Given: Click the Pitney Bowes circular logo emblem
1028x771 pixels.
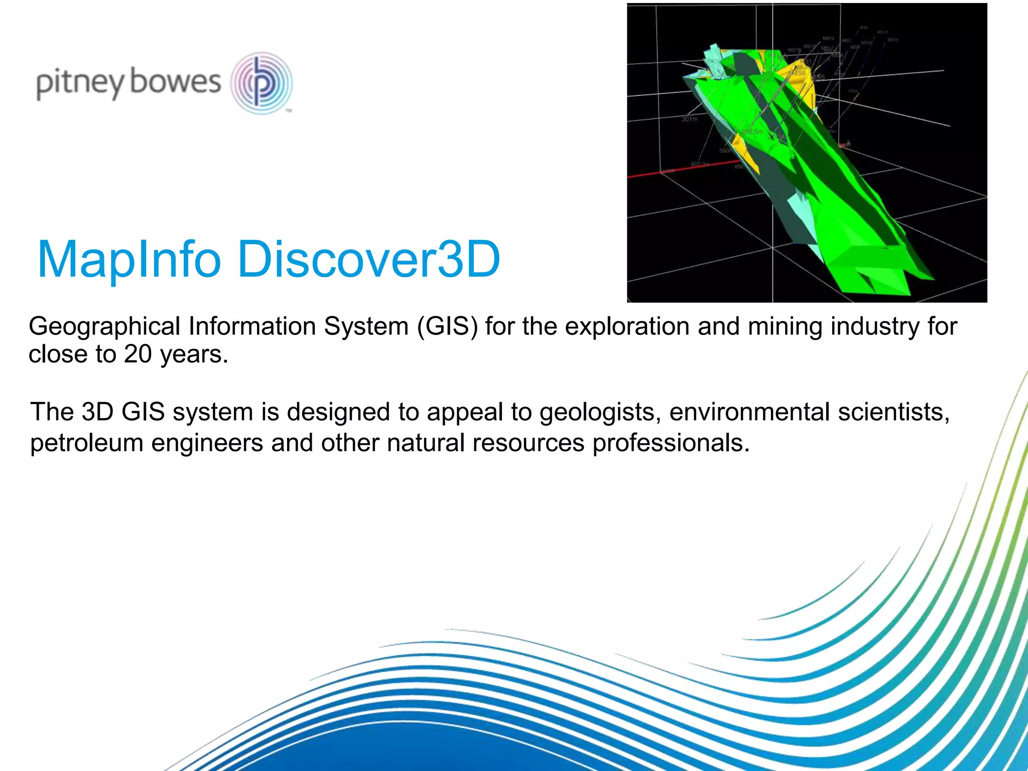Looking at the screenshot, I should pyautogui.click(x=262, y=83).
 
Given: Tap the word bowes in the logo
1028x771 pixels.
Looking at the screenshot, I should pyautogui.click(x=175, y=82).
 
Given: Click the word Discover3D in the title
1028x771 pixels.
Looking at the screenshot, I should pyautogui.click(x=368, y=260).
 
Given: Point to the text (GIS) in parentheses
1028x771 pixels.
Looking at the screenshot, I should pyautogui.click(x=447, y=327).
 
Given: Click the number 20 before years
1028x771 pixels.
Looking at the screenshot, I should pyautogui.click(x=138, y=354).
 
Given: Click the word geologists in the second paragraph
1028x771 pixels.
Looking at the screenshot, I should pyautogui.click(x=600, y=413).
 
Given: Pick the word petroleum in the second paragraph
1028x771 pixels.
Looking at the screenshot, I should pyautogui.click(x=86, y=443).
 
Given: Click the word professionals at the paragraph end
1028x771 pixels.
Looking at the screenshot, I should pyautogui.click(x=671, y=443).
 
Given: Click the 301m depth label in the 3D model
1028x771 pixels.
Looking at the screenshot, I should pyautogui.click(x=689, y=119).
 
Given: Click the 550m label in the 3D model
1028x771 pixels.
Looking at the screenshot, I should pyautogui.click(x=725, y=151).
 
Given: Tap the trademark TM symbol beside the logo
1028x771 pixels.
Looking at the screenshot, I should pyautogui.click(x=289, y=111).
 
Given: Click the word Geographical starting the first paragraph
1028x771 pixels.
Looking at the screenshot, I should pyautogui.click(x=104, y=327).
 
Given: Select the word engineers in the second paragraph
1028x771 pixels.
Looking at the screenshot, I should pyautogui.click(x=207, y=443).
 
